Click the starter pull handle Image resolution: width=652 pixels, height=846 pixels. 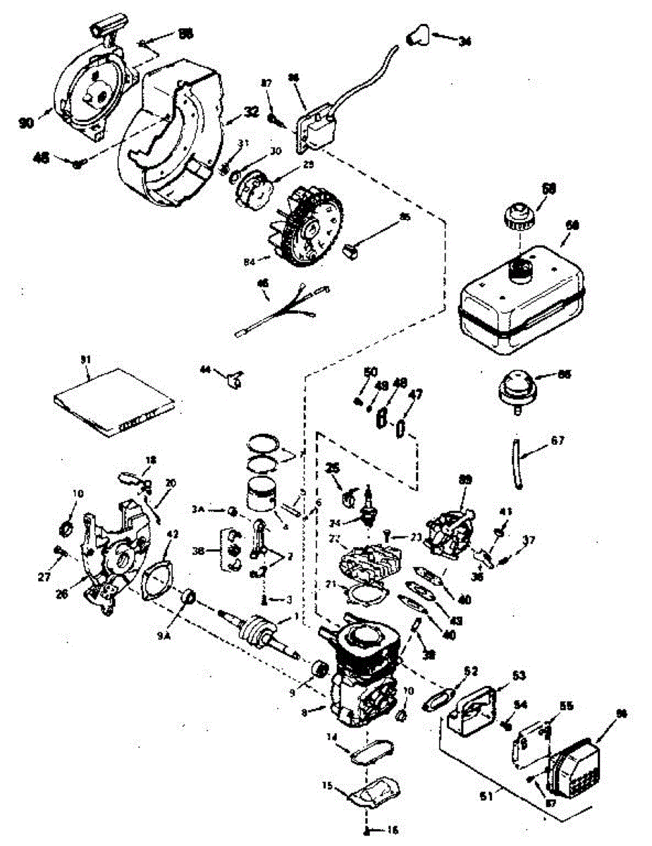pos(106,30)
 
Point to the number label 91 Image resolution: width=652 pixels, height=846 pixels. pos(86,360)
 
